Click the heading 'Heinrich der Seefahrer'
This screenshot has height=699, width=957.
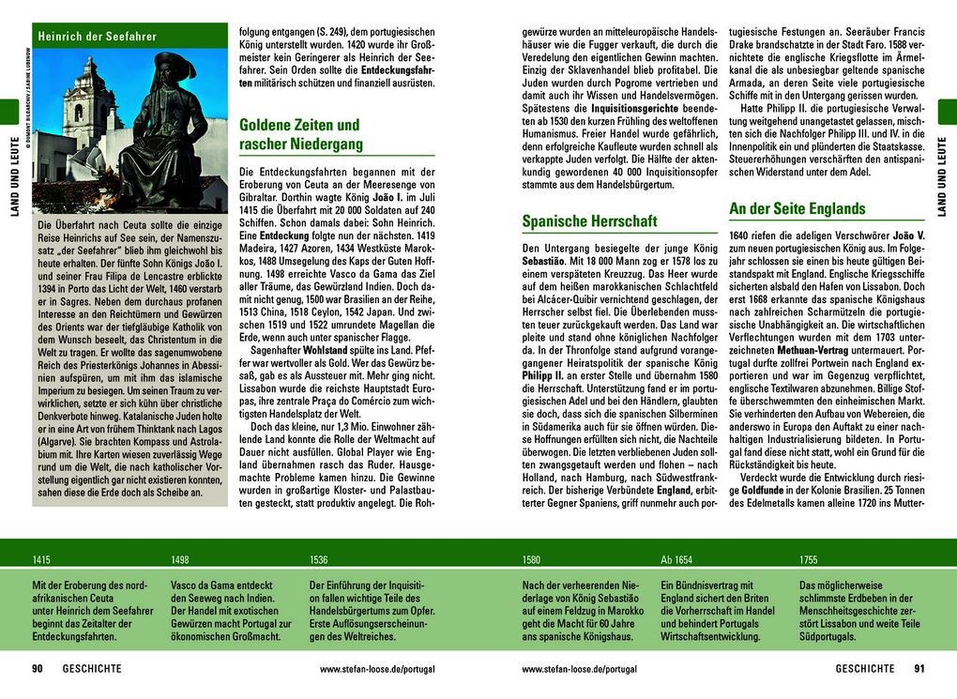(98, 37)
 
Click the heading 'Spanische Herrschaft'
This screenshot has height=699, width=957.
(589, 221)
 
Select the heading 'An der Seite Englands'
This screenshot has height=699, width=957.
(797, 208)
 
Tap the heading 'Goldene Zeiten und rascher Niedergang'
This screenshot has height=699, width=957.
(299, 134)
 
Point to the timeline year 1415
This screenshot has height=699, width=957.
(41, 560)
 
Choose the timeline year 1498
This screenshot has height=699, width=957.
(180, 560)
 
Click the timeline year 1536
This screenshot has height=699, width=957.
(319, 560)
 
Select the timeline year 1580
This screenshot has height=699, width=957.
(531, 560)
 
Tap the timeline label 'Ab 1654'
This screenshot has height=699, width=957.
(676, 560)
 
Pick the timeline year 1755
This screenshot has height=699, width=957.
(808, 560)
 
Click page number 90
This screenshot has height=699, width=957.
(38, 669)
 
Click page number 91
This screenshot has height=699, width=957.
(919, 669)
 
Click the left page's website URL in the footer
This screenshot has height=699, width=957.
(377, 669)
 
